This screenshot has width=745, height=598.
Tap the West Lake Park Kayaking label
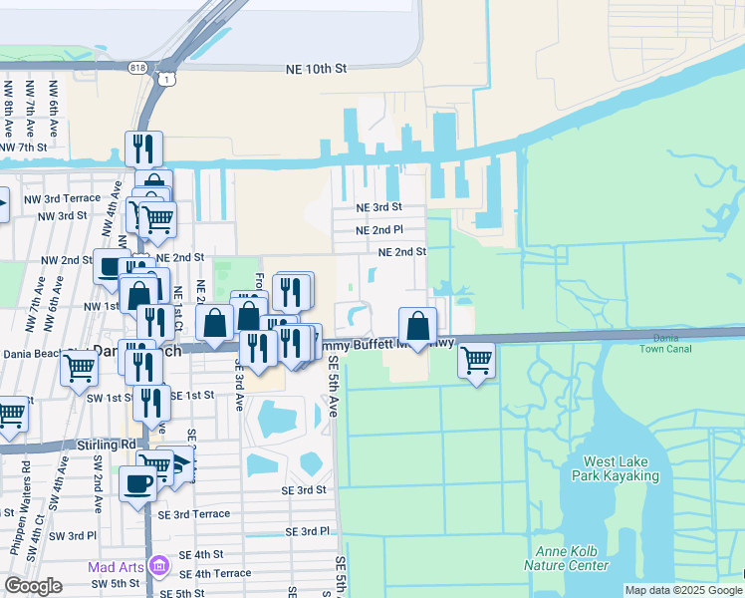point(621,469)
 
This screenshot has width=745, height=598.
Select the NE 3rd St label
point(378,207)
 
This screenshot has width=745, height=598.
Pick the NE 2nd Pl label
point(378,230)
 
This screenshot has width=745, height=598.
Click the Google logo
point(33,586)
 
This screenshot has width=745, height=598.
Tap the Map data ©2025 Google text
point(683,590)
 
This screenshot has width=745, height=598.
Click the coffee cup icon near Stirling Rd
point(138,484)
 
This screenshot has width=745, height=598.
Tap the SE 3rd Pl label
point(307,532)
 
